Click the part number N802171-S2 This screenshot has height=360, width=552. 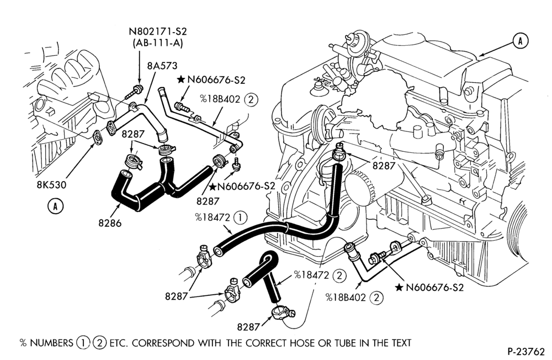[x=158, y=31]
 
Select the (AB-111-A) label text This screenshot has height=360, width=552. [x=158, y=43]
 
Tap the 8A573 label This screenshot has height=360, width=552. [x=162, y=66]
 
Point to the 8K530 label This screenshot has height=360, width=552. [x=51, y=184]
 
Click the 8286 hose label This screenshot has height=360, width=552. [x=110, y=223]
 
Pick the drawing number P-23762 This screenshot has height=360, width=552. [x=526, y=351]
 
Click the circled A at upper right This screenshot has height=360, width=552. [x=520, y=41]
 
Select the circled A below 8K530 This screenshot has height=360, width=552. [x=55, y=206]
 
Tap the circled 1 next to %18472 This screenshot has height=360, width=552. [x=240, y=218]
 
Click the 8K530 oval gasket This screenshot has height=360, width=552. [x=97, y=137]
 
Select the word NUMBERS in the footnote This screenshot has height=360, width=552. [x=51, y=343]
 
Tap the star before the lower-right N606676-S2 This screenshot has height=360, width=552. [x=399, y=288]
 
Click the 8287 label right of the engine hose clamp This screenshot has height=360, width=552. [x=384, y=165]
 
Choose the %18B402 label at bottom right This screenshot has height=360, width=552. [x=347, y=298]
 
